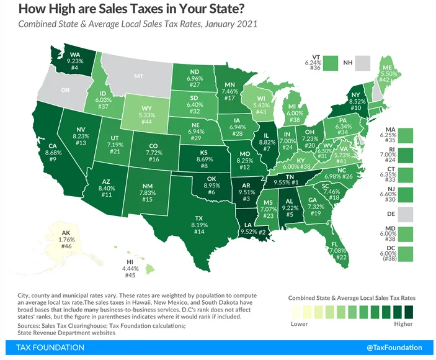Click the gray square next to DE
(406, 214)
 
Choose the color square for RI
(406, 154)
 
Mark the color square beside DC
(406, 254)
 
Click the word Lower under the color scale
(300, 323)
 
